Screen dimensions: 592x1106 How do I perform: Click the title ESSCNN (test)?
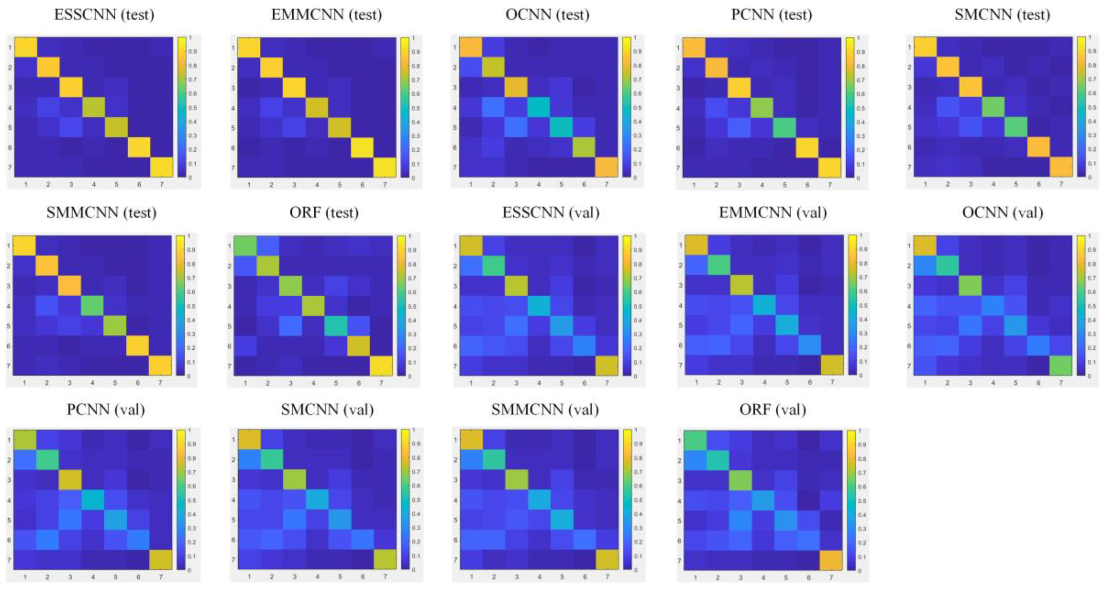[x=104, y=15]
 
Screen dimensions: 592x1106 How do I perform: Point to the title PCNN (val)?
[x=106, y=410]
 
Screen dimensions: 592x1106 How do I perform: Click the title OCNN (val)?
[x=1002, y=212]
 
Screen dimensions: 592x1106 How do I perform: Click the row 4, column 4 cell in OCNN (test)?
[x=538, y=107]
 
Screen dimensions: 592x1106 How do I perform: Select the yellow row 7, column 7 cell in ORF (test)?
[x=381, y=366]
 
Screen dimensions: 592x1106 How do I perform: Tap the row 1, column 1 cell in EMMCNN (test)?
[x=249, y=47]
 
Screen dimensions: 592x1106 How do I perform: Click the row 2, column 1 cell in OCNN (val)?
[x=925, y=266]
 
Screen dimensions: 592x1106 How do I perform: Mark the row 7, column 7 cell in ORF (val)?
[x=831, y=560]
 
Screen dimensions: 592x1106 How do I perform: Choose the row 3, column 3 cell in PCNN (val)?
[x=70, y=480]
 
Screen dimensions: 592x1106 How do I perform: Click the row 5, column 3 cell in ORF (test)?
[x=291, y=326]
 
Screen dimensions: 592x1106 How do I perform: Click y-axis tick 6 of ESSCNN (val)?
[x=455, y=346]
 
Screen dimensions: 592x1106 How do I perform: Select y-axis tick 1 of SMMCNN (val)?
[x=455, y=440]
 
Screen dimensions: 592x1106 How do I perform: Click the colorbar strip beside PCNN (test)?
[x=850, y=107]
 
